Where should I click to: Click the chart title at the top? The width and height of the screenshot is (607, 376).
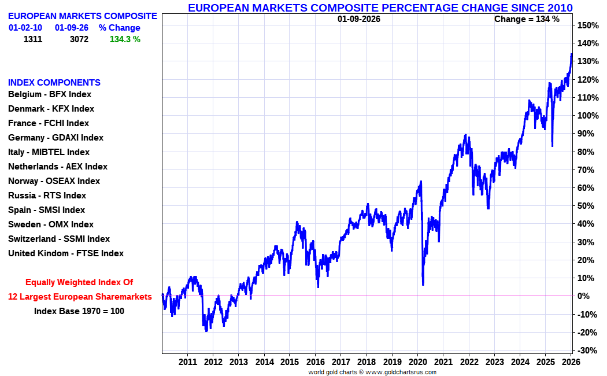380,8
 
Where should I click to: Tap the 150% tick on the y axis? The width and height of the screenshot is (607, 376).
587,25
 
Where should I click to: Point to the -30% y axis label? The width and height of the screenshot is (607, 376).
587,351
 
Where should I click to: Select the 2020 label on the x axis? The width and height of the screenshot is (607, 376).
417,362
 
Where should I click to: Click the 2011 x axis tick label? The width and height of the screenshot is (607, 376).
187,362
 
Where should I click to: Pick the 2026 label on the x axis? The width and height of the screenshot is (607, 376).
571,362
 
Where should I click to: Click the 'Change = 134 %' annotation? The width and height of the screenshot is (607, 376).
527,19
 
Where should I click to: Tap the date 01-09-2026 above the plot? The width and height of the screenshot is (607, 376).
359,19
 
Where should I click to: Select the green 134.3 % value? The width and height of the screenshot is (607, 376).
125,39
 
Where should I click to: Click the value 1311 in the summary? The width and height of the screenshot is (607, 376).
33,39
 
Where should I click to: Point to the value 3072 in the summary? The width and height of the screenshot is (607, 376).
79,39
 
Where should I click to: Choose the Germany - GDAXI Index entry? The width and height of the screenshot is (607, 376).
55,138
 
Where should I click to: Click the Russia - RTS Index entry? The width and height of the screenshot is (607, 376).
47,196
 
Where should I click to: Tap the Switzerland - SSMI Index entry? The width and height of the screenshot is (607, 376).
58,239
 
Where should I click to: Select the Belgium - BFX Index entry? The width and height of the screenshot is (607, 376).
50,94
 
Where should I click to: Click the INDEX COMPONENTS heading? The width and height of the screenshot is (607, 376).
54,83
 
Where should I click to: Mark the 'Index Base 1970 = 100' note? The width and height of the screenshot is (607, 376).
79,311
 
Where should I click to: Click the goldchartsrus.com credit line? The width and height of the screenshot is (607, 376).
372,372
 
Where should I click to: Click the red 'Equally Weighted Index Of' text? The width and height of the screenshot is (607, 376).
79,282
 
